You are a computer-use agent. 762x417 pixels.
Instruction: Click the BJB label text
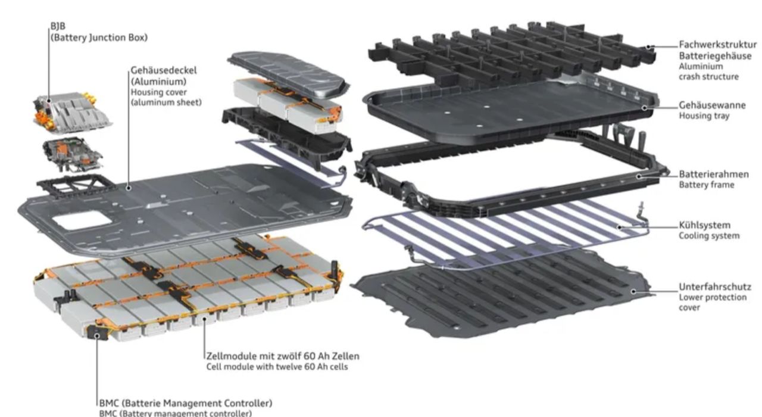click(x=58, y=26)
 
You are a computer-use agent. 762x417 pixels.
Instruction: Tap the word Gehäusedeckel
click(x=164, y=70)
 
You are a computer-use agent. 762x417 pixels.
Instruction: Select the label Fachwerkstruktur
click(x=718, y=45)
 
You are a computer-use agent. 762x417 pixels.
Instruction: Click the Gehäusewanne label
click(x=712, y=105)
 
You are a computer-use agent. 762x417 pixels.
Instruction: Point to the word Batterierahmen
click(x=714, y=175)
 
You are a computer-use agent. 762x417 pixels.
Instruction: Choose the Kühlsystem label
click(x=704, y=225)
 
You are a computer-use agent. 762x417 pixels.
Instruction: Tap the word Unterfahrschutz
click(x=715, y=287)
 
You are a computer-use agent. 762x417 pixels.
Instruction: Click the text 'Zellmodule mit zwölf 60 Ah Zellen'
click(x=283, y=356)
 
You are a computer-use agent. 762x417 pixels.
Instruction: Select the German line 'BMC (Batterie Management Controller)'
click(x=186, y=403)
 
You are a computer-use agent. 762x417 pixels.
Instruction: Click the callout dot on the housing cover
click(x=128, y=188)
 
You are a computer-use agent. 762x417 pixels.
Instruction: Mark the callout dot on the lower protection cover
click(x=633, y=291)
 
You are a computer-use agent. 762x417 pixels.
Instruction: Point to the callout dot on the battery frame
click(x=639, y=176)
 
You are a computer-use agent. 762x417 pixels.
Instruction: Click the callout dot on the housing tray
click(x=644, y=108)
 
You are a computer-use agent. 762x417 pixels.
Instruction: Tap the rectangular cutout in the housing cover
click(x=82, y=220)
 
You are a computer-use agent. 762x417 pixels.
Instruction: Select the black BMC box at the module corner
click(x=98, y=332)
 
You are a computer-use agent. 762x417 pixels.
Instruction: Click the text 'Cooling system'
click(x=709, y=235)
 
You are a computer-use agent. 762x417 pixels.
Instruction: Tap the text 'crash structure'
click(x=708, y=77)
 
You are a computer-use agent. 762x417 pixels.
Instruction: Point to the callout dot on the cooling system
click(x=620, y=228)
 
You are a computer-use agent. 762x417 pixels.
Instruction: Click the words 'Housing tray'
click(x=704, y=116)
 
